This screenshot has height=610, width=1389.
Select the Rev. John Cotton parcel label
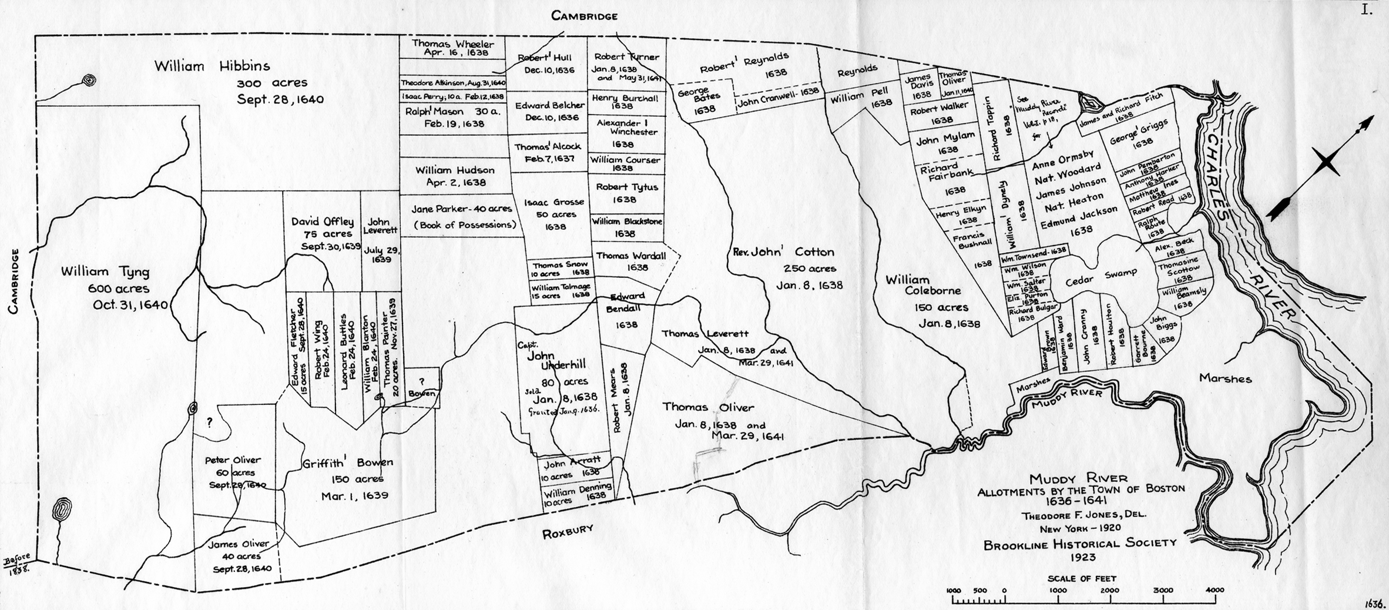tap(783, 252)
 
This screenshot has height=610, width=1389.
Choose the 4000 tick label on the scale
tap(1214, 590)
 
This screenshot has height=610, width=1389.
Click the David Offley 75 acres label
tap(323, 222)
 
